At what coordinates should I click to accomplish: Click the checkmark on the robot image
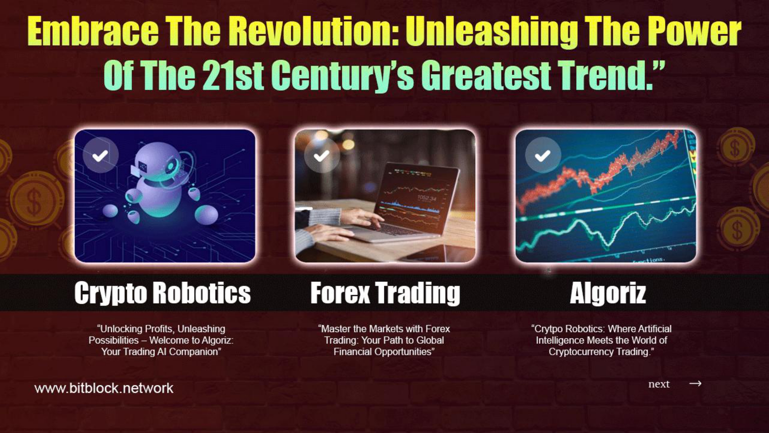[100, 155]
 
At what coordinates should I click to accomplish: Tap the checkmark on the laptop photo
[321, 155]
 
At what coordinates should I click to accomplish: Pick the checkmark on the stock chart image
[542, 155]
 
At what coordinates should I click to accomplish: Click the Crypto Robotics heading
[163, 293]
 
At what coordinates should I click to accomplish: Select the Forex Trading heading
[385, 293]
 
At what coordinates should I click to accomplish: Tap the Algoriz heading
[608, 293]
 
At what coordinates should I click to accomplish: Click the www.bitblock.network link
[103, 388]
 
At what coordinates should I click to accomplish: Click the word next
[659, 384]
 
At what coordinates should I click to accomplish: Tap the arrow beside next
[695, 383]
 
